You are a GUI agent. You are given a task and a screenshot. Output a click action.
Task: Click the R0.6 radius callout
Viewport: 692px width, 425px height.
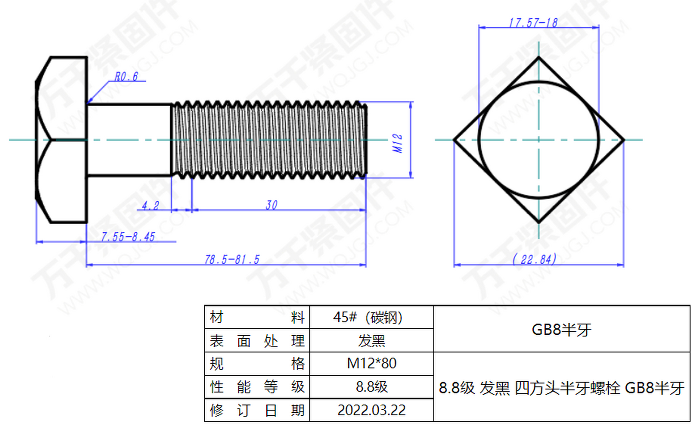126,77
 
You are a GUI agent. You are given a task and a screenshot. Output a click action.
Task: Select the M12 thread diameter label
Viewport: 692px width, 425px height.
397,143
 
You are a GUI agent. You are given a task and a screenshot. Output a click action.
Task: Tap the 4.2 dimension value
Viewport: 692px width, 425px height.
150,206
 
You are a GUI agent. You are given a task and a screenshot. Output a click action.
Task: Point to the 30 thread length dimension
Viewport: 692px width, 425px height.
271,205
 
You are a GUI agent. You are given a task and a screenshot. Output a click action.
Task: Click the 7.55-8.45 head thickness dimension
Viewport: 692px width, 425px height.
128,237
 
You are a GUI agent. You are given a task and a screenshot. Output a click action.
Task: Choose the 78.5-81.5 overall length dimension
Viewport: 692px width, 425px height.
232,259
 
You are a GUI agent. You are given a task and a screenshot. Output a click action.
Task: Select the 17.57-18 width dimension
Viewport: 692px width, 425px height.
533,23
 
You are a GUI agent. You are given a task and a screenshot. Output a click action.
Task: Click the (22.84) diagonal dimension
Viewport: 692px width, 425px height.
534,259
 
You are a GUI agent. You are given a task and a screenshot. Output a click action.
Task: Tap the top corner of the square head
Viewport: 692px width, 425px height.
538,58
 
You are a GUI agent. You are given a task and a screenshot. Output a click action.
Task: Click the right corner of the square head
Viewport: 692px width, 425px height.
624,140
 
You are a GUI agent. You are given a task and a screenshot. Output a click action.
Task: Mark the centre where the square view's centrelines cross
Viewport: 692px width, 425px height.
538,140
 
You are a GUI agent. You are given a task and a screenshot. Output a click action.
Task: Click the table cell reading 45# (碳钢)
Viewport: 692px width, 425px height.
371,317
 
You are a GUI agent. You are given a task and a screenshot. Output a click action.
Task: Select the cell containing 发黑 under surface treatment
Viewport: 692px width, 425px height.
371,341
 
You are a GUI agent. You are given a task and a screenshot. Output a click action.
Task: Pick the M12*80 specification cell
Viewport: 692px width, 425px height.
371,363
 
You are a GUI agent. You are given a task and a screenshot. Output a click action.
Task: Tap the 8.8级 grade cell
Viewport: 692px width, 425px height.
371,387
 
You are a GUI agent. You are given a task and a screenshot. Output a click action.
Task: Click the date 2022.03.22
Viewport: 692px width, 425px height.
371,410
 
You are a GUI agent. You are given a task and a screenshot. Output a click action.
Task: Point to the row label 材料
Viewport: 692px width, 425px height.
257,317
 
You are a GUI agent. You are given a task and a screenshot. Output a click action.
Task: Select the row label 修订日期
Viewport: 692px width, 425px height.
257,410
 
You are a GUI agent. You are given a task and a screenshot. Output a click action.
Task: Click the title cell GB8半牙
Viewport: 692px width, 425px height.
561,329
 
